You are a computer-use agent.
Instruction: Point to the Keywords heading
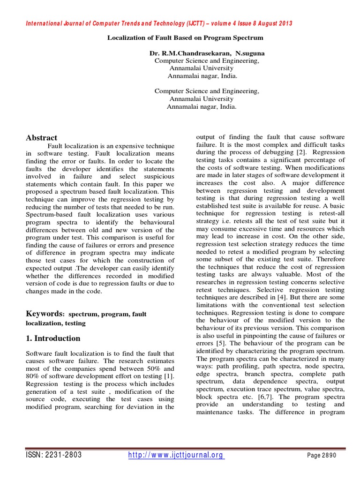(x=44, y=313)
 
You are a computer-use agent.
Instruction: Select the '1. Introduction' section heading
(x=53, y=338)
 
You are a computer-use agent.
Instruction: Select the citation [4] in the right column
(x=278, y=297)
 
